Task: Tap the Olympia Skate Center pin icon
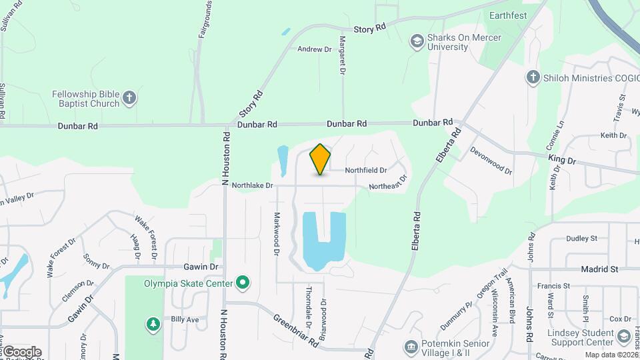tap(243, 283)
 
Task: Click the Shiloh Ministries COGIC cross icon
tap(533, 78)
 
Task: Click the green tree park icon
tap(154, 324)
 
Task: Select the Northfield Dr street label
tap(366, 171)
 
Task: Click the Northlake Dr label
tap(252, 185)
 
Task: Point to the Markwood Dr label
tap(277, 235)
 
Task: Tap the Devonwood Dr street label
tap(490, 161)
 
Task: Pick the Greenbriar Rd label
tap(294, 329)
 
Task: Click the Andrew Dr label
tap(315, 49)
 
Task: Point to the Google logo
tap(22, 351)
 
